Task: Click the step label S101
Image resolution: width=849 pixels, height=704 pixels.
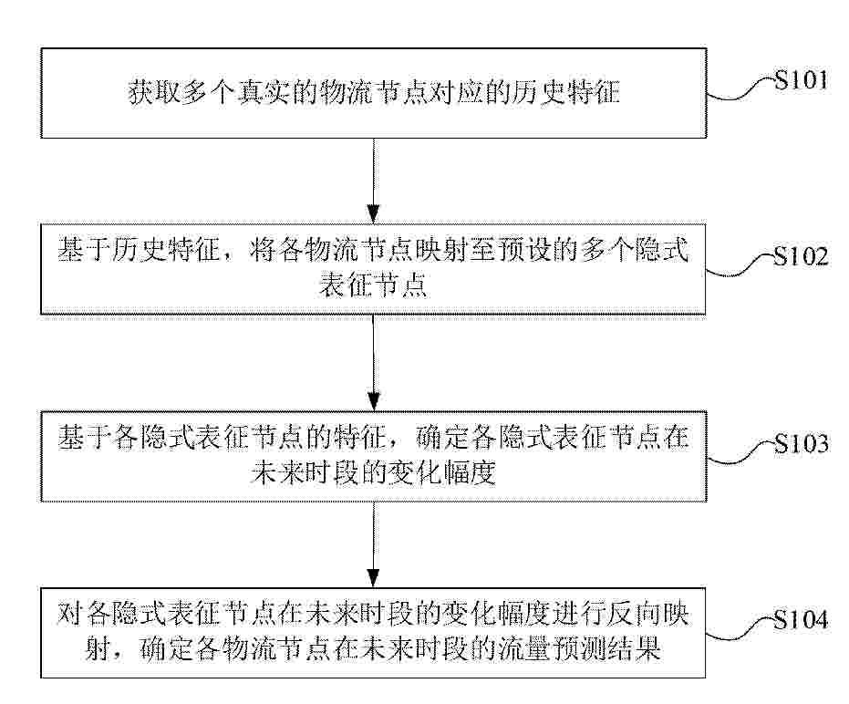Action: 801,79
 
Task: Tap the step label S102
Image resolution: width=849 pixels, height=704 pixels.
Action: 801,256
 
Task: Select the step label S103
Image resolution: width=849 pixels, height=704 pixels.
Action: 801,443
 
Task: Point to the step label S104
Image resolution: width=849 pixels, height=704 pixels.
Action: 801,619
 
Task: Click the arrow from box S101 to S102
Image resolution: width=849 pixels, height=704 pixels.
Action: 374,181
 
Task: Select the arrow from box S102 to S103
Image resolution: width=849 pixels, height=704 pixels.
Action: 374,362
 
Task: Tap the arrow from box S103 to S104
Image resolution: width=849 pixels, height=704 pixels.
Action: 374,544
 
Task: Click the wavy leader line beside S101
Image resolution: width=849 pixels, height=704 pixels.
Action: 740,89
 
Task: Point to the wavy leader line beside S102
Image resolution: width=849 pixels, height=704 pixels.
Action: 740,265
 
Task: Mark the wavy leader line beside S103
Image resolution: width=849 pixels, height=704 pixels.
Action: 740,452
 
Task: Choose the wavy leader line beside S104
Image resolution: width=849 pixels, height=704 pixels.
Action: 740,629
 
